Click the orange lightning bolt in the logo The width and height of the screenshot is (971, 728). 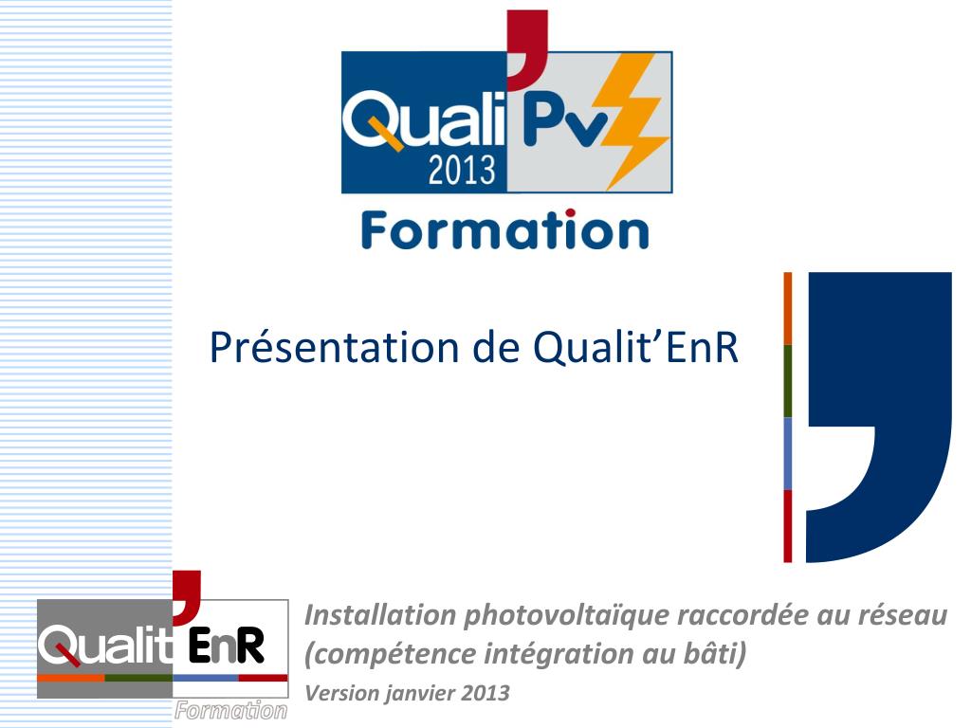click(x=631, y=118)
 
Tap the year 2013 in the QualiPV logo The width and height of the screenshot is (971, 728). click(x=462, y=170)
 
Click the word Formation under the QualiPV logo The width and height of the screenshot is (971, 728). click(x=504, y=230)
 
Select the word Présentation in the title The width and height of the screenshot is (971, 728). click(x=333, y=348)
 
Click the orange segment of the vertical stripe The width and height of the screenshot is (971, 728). click(x=787, y=309)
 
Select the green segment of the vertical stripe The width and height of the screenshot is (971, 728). click(x=787, y=381)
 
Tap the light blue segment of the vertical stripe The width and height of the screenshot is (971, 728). click(x=787, y=453)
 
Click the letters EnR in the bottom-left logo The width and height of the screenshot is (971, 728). click(x=226, y=647)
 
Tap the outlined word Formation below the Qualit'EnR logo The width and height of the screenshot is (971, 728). click(x=230, y=711)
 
